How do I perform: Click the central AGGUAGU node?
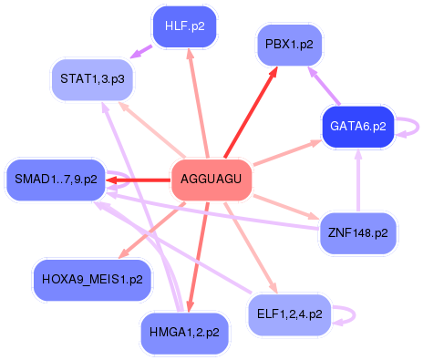(211, 180)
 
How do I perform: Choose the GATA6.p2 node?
(356, 128)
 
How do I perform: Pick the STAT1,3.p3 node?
(92, 78)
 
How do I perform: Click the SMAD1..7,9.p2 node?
(56, 180)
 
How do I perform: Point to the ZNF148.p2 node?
(357, 233)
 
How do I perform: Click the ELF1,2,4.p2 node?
(291, 314)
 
